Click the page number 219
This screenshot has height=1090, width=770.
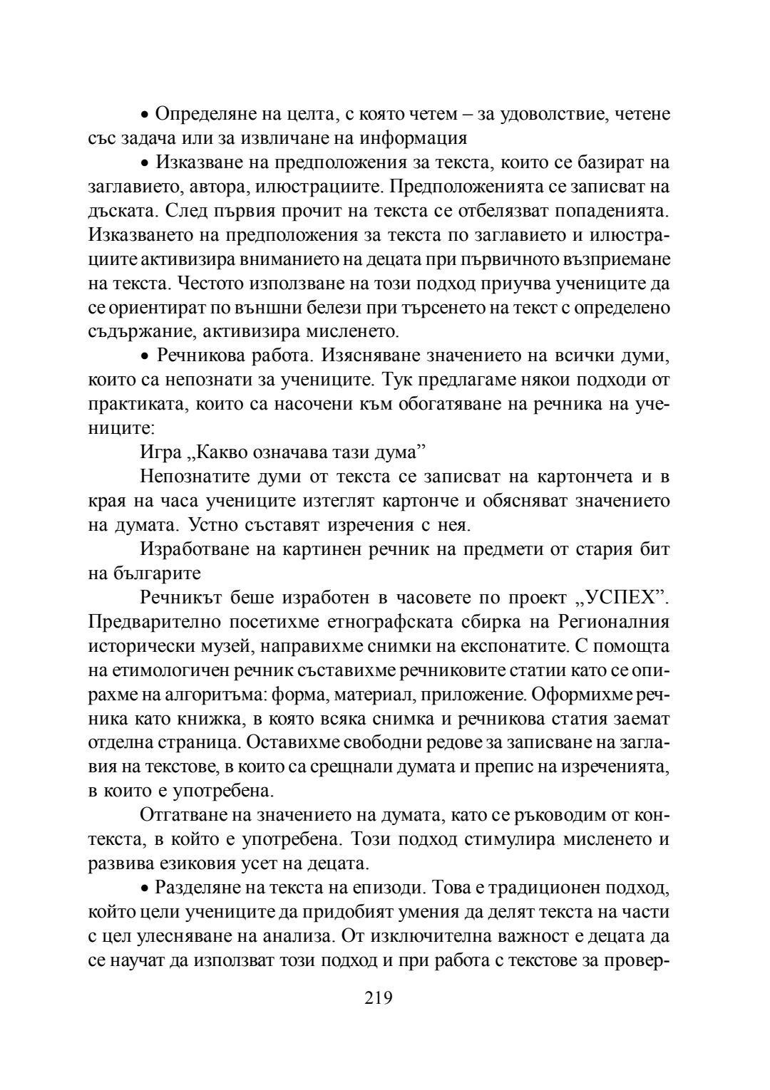378,998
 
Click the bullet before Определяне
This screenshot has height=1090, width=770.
144,115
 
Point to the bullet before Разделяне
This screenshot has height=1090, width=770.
144,888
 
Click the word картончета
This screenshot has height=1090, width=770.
591,477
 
